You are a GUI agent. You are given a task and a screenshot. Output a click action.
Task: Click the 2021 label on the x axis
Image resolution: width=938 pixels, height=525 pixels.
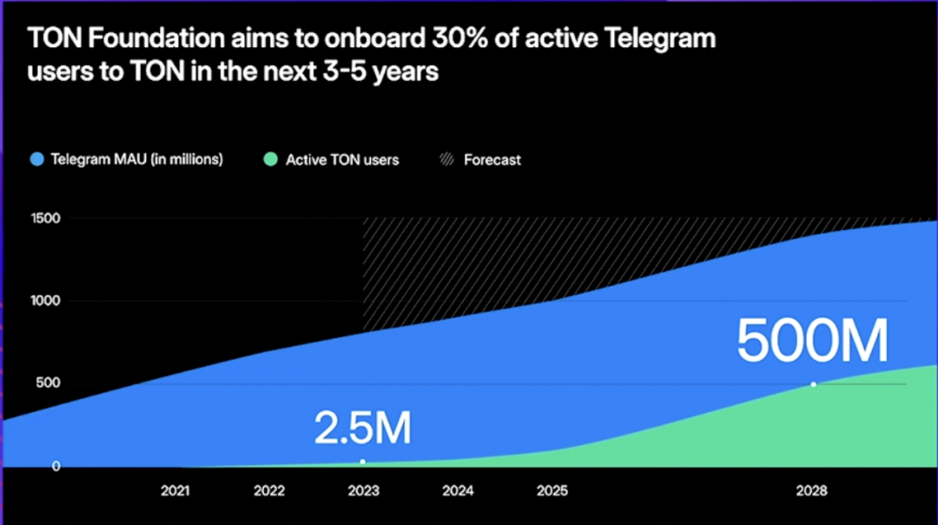175,491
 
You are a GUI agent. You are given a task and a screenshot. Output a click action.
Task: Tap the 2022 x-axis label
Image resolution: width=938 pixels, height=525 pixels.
269,491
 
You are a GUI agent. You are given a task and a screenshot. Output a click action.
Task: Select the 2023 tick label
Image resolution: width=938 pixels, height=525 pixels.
363,491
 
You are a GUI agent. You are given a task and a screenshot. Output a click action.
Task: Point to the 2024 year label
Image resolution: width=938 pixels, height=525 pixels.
458,491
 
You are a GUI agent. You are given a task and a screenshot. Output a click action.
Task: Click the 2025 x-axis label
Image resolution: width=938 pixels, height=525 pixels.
552,491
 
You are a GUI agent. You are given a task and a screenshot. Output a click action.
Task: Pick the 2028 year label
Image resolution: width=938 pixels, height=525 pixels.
812,491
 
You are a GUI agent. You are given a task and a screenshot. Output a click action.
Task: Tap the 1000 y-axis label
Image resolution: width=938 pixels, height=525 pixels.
44,301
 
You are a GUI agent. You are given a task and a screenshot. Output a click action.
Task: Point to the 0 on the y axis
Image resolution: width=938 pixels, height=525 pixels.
55,467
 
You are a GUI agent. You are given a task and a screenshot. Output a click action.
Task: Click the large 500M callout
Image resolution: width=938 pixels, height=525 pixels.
812,342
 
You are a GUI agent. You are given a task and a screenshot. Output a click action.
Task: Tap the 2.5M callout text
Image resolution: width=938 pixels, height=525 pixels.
362,429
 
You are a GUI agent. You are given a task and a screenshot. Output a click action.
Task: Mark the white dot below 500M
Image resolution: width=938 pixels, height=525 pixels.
814,384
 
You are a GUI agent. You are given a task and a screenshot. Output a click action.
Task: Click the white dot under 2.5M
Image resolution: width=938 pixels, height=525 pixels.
363,462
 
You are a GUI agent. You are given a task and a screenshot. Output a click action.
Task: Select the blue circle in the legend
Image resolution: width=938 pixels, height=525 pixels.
36,160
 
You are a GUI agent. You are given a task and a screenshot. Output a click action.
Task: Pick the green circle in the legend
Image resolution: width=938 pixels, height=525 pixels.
270,160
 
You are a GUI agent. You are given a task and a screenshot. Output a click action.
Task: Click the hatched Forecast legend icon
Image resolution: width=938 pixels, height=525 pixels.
446,160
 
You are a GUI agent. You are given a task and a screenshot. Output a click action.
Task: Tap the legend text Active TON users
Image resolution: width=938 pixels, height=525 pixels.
342,160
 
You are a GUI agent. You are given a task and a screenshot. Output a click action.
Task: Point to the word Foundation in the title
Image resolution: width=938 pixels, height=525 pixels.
143,39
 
